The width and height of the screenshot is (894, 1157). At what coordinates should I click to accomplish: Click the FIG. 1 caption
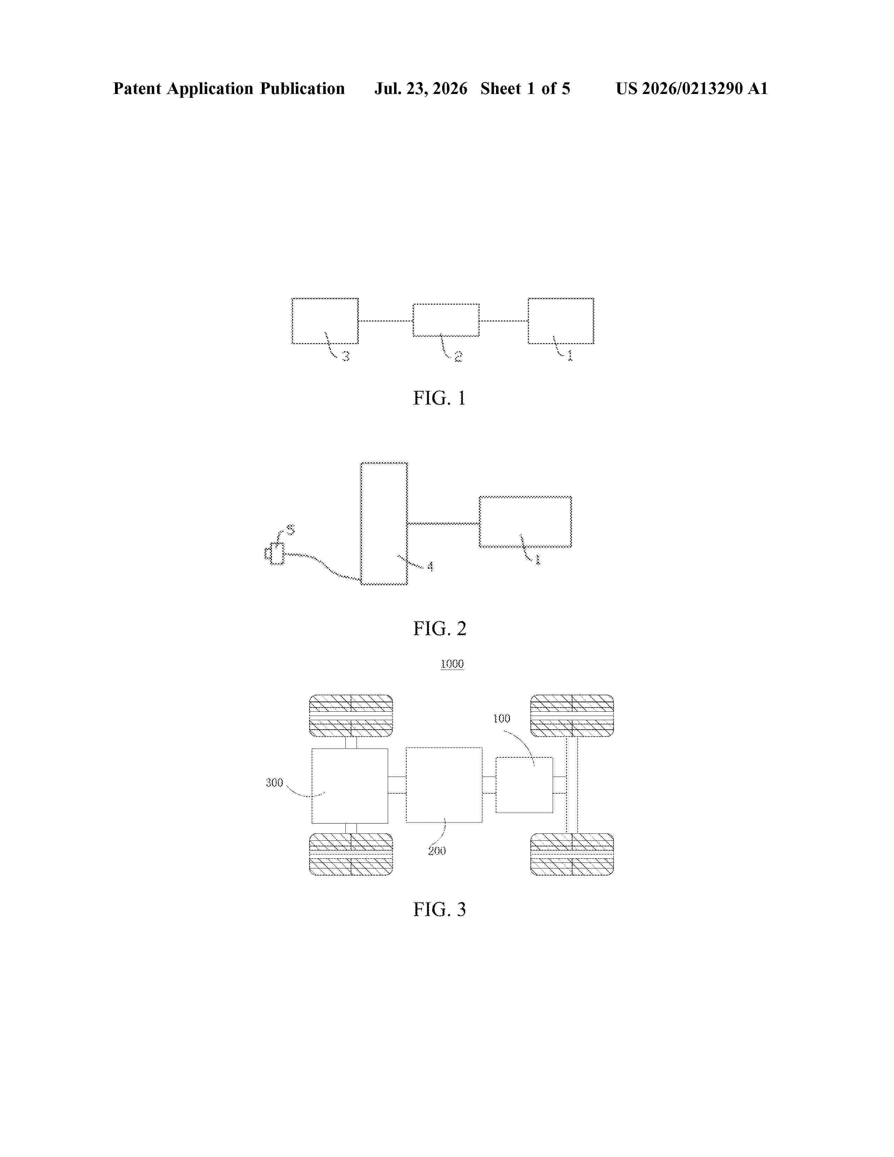[439, 398]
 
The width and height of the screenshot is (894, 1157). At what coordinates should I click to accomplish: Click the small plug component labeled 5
[275, 554]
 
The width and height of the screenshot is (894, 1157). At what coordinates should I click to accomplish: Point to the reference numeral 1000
[452, 664]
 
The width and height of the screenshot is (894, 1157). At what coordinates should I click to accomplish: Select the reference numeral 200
[437, 851]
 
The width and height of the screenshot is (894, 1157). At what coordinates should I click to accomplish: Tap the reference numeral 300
[275, 783]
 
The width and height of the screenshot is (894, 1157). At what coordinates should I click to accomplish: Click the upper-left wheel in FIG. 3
[351, 716]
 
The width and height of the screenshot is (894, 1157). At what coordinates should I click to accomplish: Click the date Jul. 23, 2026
[421, 88]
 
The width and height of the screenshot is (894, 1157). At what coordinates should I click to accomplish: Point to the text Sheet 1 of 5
[526, 88]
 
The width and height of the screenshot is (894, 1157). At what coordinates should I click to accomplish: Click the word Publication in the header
[302, 88]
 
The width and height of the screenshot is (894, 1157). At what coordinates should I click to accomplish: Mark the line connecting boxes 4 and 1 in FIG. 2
[443, 523]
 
